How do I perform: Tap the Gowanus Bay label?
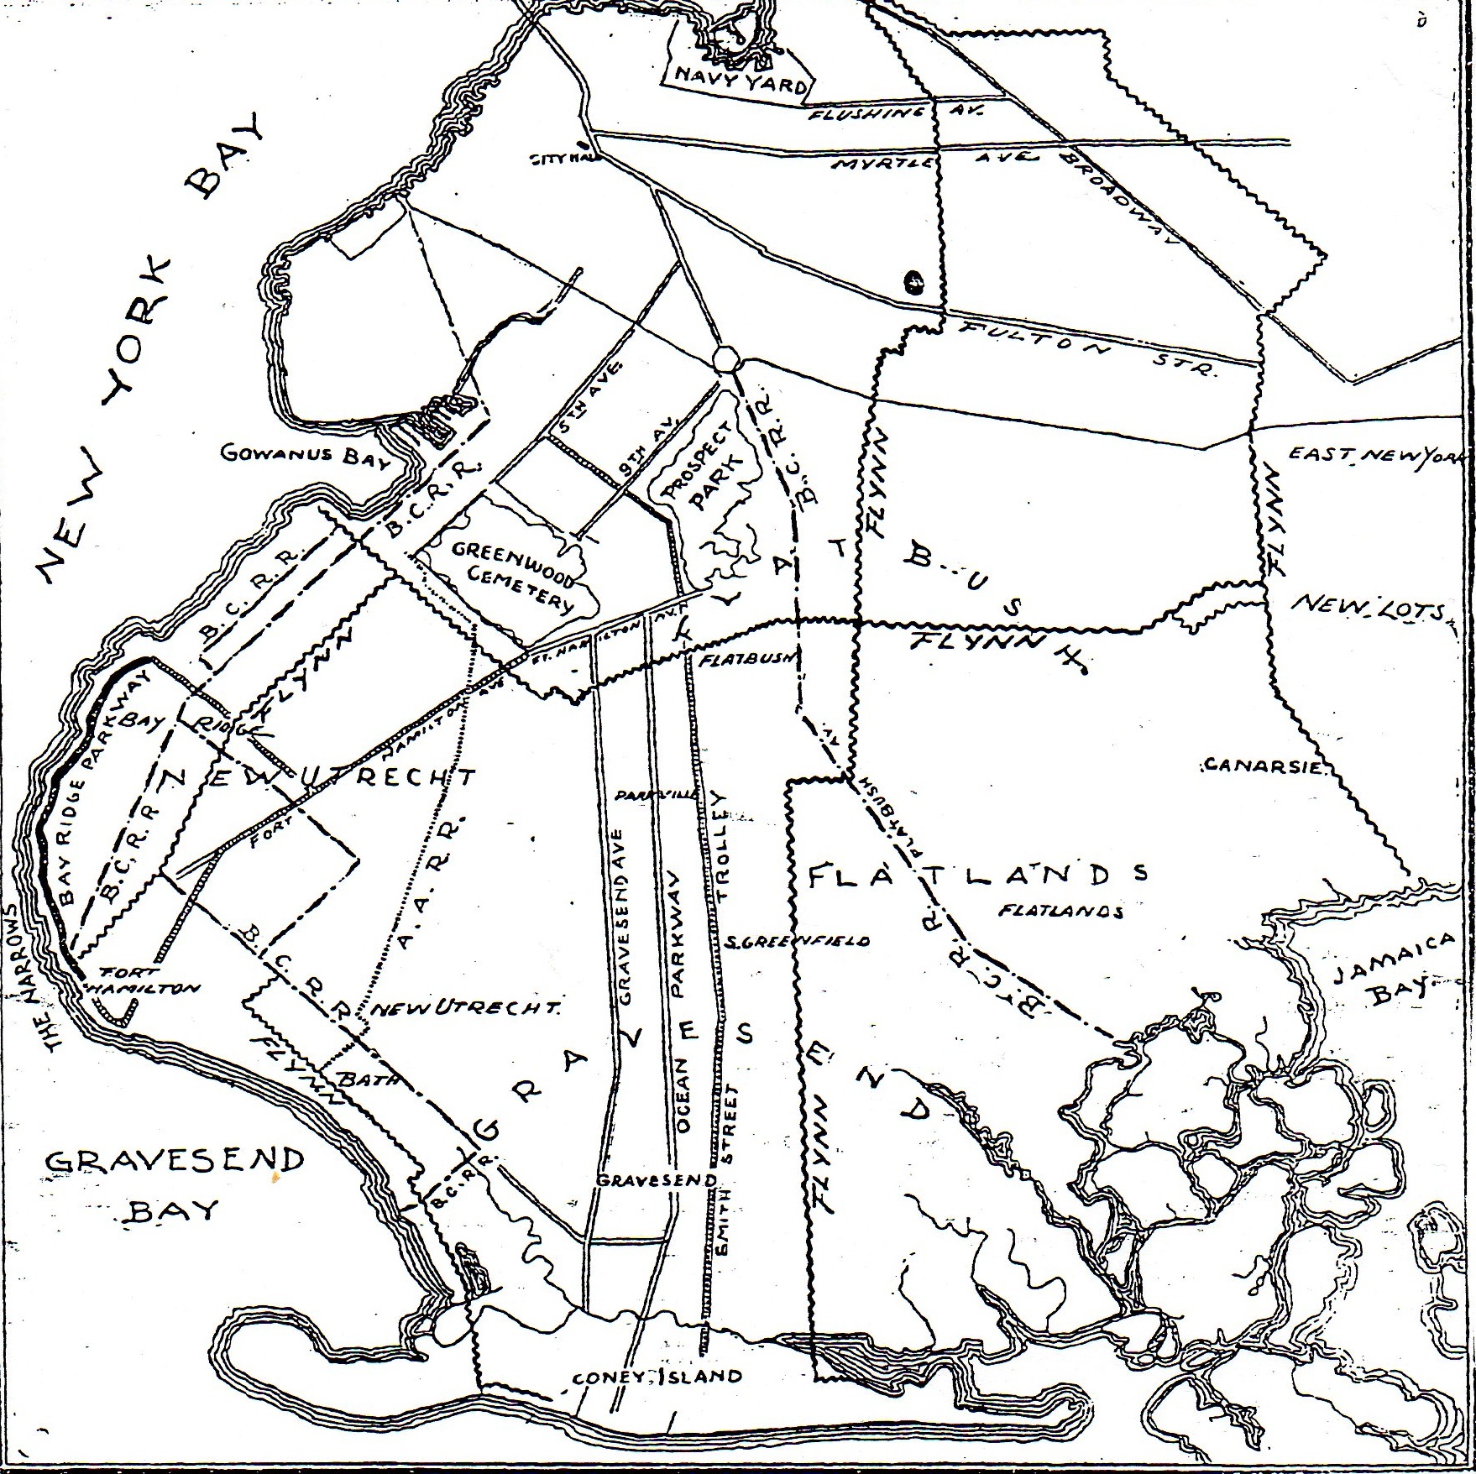306,455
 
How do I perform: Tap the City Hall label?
561,159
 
